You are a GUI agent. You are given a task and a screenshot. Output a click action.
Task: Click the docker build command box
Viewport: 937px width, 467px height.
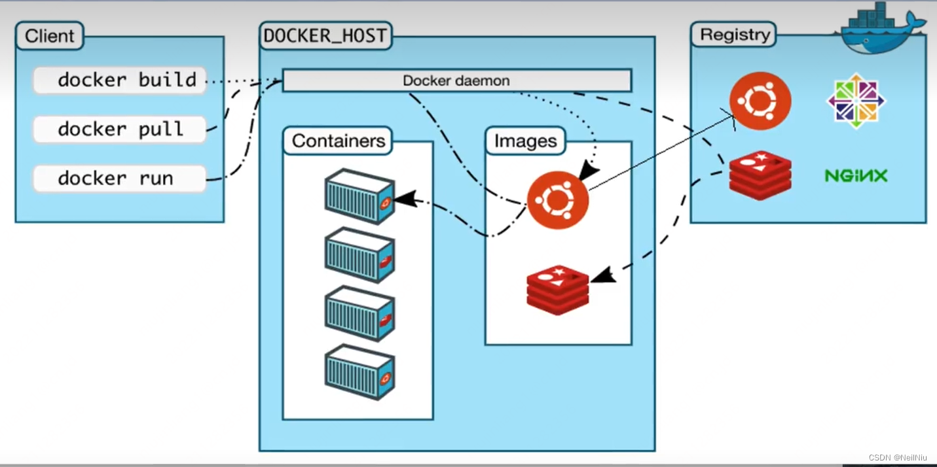[120, 80]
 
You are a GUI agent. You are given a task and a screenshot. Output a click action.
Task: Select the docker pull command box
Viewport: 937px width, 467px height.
[120, 130]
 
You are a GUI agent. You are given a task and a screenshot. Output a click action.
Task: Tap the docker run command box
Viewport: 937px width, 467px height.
[120, 179]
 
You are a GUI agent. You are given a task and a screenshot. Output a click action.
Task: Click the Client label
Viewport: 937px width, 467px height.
[50, 36]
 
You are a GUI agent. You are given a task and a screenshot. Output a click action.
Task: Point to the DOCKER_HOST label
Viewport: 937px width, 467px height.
[325, 36]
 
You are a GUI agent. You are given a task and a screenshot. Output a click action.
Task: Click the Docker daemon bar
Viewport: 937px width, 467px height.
[456, 81]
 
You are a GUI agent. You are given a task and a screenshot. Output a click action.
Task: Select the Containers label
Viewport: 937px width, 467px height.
[338, 141]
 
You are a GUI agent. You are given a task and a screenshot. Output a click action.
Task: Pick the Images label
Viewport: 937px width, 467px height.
[525, 141]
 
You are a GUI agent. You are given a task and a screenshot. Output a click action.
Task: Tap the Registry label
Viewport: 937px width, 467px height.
[734, 35]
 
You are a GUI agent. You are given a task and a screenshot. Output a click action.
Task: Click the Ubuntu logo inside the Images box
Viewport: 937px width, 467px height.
[558, 199]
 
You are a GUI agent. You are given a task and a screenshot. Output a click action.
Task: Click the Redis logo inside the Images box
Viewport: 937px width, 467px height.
[557, 290]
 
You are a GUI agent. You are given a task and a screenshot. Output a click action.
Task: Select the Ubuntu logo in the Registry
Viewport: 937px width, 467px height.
[760, 101]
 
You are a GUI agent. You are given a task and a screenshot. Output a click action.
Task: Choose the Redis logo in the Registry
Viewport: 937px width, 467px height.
[760, 175]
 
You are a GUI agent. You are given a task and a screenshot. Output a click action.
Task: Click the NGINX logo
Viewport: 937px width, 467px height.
[856, 175]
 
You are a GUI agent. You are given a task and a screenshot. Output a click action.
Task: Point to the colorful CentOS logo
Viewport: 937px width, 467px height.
[856, 101]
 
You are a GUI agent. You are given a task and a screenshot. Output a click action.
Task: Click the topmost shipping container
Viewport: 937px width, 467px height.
[359, 196]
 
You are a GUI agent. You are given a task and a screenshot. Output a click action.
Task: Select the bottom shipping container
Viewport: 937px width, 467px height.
[359, 372]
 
